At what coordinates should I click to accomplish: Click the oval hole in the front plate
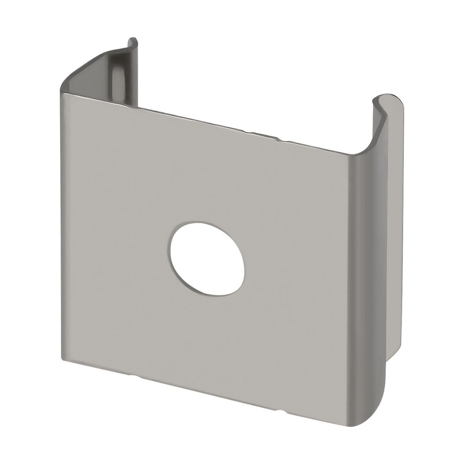(207, 254)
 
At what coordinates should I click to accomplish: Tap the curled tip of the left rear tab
(133, 41)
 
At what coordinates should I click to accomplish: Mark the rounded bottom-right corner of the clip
(377, 414)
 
